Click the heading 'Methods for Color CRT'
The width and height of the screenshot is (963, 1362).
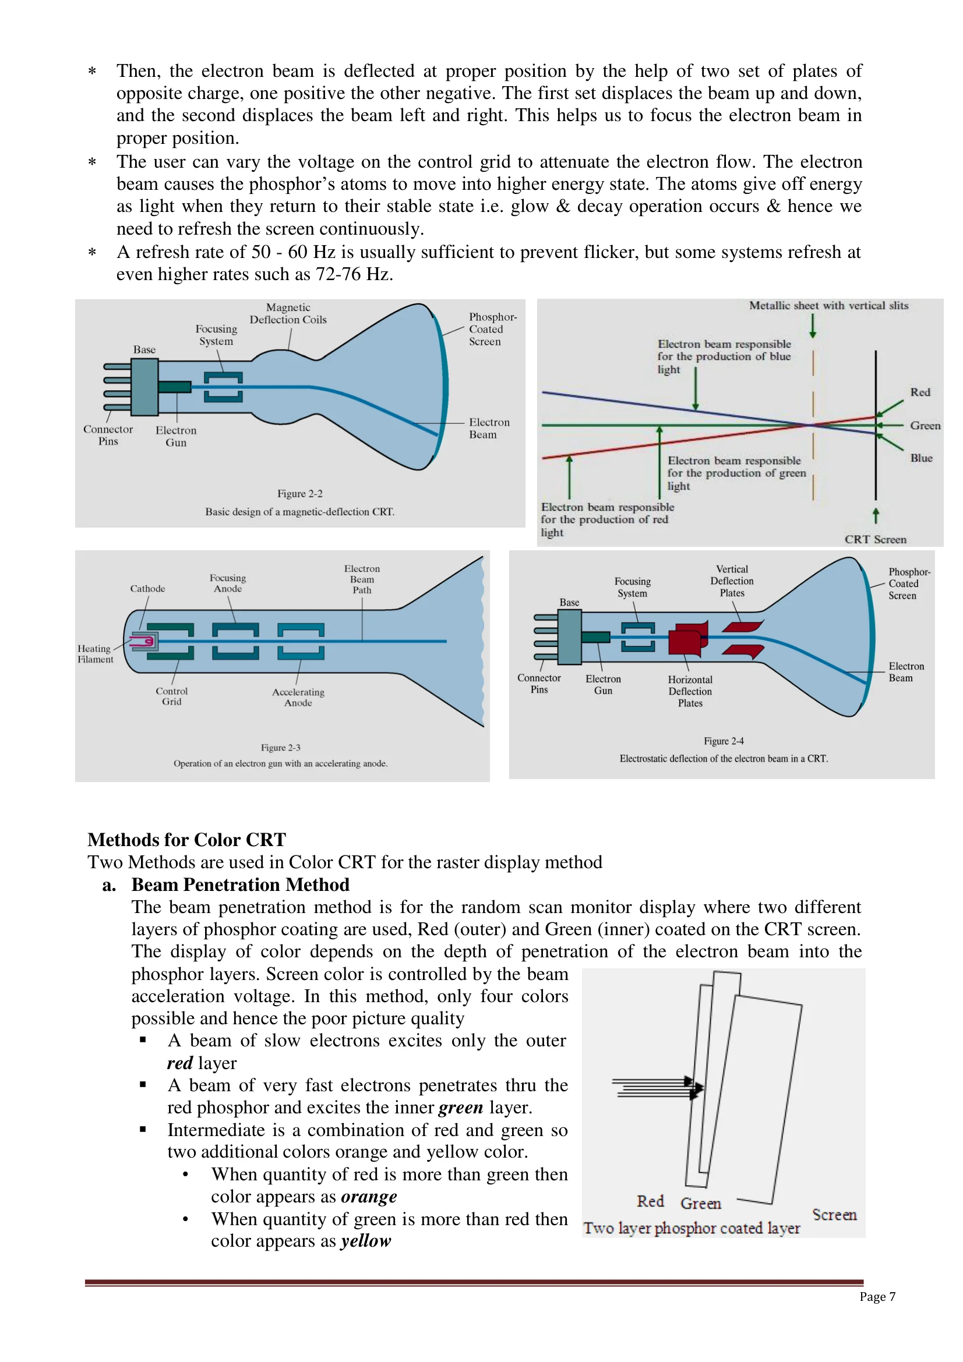tap(186, 840)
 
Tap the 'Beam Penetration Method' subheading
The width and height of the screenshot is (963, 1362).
tap(240, 885)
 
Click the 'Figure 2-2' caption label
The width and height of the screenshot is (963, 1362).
tap(299, 494)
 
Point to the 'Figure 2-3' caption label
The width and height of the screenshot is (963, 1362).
tap(280, 748)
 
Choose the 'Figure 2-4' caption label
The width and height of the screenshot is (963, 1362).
tap(724, 741)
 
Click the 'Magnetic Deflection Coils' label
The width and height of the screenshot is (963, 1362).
tap(288, 313)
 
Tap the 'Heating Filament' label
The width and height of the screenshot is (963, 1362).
tap(95, 654)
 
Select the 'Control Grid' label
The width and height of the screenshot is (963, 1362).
tap(171, 696)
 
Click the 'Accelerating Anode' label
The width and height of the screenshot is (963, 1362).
tap(298, 697)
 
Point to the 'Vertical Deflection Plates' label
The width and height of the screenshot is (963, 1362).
tap(732, 581)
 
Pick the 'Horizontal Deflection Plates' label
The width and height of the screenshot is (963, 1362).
tap(689, 691)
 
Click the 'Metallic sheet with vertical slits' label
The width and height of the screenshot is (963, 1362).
tap(828, 306)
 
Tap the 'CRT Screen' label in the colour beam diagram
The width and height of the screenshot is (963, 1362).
tap(875, 539)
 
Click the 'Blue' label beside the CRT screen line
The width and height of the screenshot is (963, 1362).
tap(921, 458)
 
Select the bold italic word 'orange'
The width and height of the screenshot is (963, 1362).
tap(368, 1197)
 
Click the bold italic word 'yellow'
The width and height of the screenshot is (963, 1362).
tap(365, 1241)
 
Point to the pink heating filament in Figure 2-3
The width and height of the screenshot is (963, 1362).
tap(144, 641)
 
